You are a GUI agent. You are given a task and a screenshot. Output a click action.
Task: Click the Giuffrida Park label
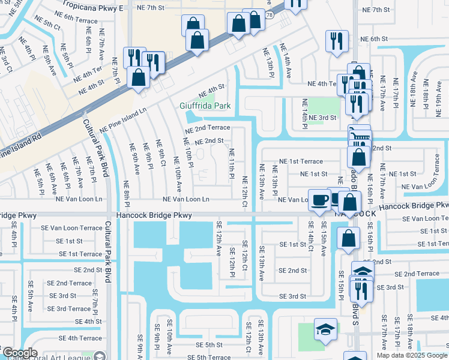pyautogui.click(x=205, y=106)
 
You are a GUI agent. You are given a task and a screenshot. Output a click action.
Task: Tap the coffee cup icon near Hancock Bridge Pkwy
pyautogui.click(x=319, y=199)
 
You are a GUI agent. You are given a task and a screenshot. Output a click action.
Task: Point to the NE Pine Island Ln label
pyautogui.click(x=123, y=120)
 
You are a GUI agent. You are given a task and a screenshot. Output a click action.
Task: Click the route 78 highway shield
pyautogui.click(x=270, y=14)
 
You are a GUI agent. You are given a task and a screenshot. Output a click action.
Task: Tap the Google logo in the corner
pyautogui.click(x=19, y=353)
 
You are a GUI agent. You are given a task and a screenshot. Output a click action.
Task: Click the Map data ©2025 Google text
pyautogui.click(x=412, y=355)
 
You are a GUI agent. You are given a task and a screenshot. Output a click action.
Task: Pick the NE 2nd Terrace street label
pyautogui.click(x=207, y=128)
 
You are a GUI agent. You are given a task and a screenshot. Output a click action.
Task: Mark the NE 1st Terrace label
pyautogui.click(x=301, y=161)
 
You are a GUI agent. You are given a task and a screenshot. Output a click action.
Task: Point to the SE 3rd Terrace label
pyautogui.click(x=69, y=308)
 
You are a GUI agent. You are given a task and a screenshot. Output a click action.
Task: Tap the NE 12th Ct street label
pyautogui.click(x=245, y=192)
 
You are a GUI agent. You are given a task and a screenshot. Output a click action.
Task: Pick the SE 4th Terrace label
pyautogui.click(x=73, y=338)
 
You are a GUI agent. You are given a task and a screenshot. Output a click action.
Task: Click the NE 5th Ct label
pyautogui.click(x=49, y=26)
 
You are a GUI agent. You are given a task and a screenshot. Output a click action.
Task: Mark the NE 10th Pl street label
pyautogui.click(x=187, y=155)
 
